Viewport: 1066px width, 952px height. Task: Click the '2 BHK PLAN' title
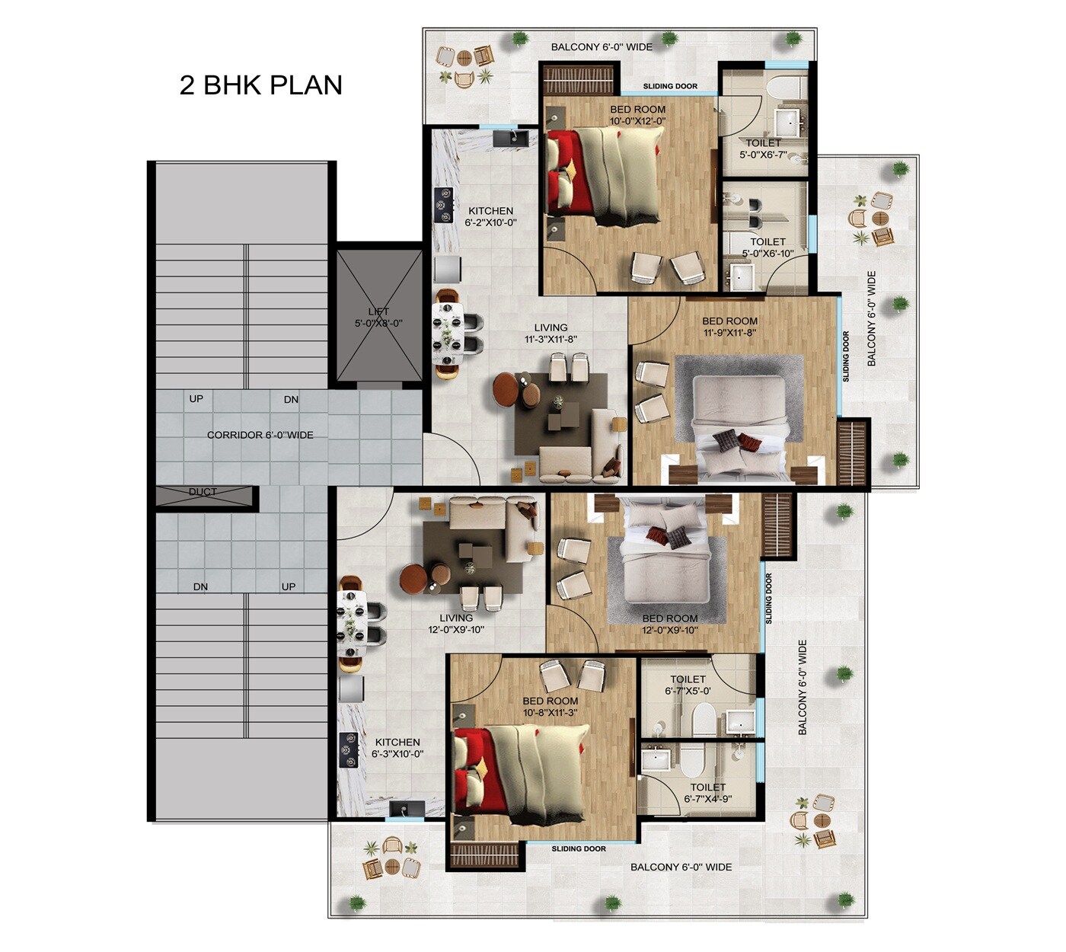pyautogui.click(x=260, y=85)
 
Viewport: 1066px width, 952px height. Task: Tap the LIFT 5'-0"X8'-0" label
pyautogui.click(x=378, y=317)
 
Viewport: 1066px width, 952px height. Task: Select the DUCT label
pyautogui.click(x=203, y=492)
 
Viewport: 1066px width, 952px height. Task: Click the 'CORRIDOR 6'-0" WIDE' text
pyautogui.click(x=260, y=435)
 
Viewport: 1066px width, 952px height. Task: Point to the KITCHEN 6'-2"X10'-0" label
pyautogui.click(x=490, y=217)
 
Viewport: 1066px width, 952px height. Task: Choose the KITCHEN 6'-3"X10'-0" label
pyautogui.click(x=397, y=748)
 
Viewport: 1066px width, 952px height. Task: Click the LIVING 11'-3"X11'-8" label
pyautogui.click(x=551, y=334)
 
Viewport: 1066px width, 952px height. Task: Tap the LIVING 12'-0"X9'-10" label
pyautogui.click(x=456, y=624)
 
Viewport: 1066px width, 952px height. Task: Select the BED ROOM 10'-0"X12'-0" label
pyautogui.click(x=637, y=115)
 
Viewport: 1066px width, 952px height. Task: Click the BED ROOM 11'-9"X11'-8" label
pyautogui.click(x=729, y=327)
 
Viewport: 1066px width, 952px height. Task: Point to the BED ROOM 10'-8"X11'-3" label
pyautogui.click(x=550, y=707)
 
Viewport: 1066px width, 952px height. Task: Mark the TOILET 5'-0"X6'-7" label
pyautogui.click(x=763, y=149)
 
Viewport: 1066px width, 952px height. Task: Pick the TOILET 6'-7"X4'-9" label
pyautogui.click(x=707, y=793)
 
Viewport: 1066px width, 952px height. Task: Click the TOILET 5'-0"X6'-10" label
pyautogui.click(x=768, y=248)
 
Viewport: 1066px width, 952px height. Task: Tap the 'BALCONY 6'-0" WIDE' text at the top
pyautogui.click(x=602, y=47)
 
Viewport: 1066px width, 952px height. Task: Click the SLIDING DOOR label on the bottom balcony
pyautogui.click(x=579, y=848)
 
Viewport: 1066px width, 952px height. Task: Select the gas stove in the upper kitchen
pyautogui.click(x=442, y=205)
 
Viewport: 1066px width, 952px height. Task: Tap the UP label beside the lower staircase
pyautogui.click(x=289, y=586)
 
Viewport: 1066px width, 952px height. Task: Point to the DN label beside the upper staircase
pyautogui.click(x=291, y=399)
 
